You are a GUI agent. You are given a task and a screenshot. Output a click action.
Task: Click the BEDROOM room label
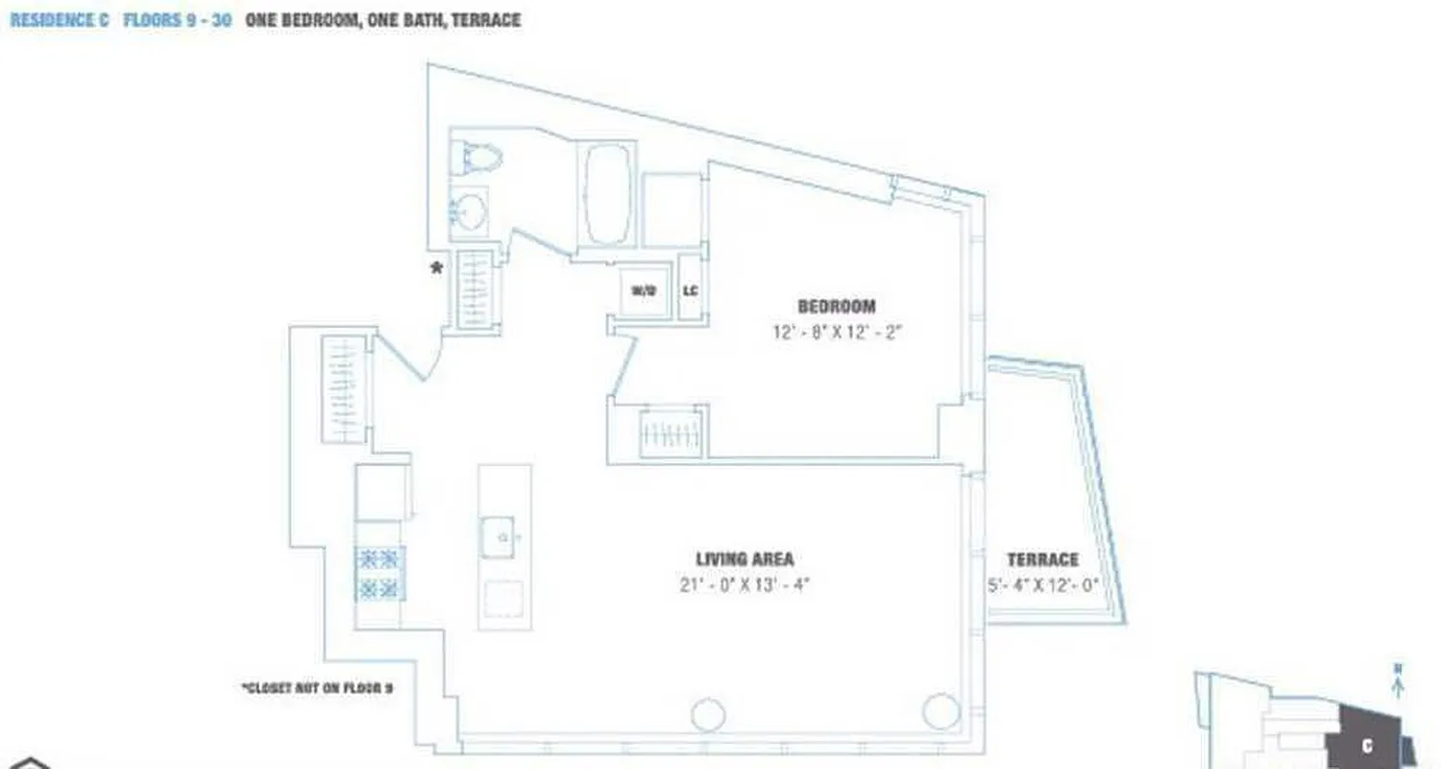[837, 307]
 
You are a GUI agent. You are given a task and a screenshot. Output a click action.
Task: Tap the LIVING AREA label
[745, 559]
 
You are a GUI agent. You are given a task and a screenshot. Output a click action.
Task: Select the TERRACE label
[1042, 559]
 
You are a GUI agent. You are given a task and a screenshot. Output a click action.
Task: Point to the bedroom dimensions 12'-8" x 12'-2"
[838, 333]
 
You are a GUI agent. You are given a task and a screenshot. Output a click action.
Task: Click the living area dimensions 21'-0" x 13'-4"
[745, 584]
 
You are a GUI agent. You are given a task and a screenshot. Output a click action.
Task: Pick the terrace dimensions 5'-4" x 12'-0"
[1043, 584]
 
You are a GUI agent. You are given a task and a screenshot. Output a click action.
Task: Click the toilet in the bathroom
[476, 157]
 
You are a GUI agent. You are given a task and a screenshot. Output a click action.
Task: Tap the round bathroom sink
[469, 211]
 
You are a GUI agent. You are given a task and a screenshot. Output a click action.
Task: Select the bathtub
[606, 194]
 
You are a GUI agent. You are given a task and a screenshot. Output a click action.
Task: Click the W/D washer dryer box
[644, 289]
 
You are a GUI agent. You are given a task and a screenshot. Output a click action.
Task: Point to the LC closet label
[690, 289]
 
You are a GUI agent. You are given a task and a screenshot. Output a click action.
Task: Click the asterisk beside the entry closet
[437, 269]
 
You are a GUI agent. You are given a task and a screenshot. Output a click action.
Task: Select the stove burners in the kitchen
[379, 573]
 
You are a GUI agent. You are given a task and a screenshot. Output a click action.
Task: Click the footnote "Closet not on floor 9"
[318, 688]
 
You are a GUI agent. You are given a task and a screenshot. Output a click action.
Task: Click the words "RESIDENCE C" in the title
[59, 20]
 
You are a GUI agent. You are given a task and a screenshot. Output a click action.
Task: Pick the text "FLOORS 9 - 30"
[178, 20]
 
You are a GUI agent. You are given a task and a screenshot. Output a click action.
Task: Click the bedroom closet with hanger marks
[672, 433]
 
